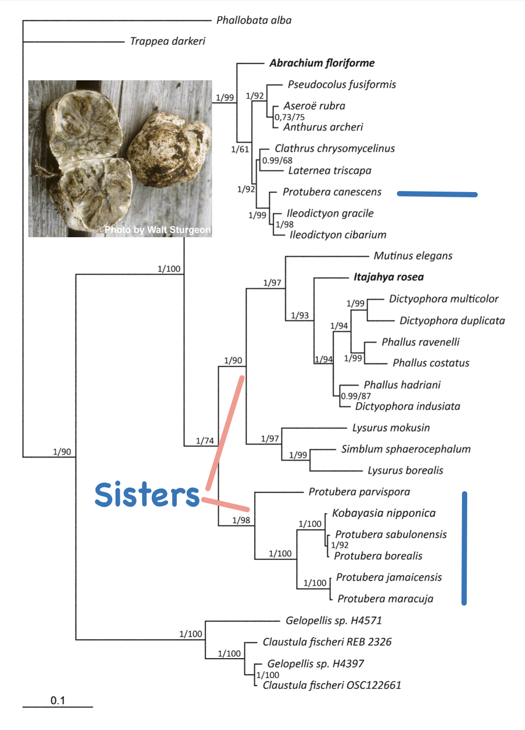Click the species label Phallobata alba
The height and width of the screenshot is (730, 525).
pos(254,20)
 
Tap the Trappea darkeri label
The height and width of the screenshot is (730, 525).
pos(167,41)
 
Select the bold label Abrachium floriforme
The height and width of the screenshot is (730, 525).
pos(322,63)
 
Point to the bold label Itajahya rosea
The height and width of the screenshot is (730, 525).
pos(388,277)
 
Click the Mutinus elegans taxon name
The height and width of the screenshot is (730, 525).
pos(413,256)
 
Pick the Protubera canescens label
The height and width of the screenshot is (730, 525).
pos(332,192)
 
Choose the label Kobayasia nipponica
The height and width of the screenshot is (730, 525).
pos(384,513)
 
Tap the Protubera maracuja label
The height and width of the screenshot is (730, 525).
pos(385,599)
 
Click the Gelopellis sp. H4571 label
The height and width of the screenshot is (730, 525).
pos(333,620)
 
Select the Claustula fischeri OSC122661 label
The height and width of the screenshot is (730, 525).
pos(332,685)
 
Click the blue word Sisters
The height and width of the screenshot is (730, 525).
pos(147,494)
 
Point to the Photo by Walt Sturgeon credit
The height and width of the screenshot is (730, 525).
pos(157,230)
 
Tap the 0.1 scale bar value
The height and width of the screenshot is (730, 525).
pos(58,701)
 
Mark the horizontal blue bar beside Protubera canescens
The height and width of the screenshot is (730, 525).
pos(437,194)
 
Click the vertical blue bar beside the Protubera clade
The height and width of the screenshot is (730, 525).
pos(464,548)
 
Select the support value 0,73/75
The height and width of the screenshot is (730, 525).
pos(290,117)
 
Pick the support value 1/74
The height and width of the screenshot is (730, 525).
pos(205,441)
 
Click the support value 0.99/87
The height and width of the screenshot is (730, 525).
pos(356,396)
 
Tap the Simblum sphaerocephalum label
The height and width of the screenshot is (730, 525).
pos(406,449)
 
